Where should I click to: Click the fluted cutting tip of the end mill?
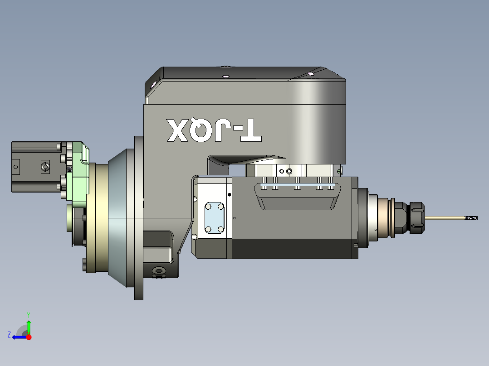[x=471, y=218]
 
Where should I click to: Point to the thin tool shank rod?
[x=445, y=218]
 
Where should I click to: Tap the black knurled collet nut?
[x=417, y=218]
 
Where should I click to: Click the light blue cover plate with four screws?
[x=214, y=218]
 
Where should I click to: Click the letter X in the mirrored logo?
[x=178, y=130]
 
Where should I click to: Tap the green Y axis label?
[x=29, y=315]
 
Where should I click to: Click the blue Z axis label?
[x=9, y=335]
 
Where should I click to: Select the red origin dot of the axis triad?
[x=29, y=337]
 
